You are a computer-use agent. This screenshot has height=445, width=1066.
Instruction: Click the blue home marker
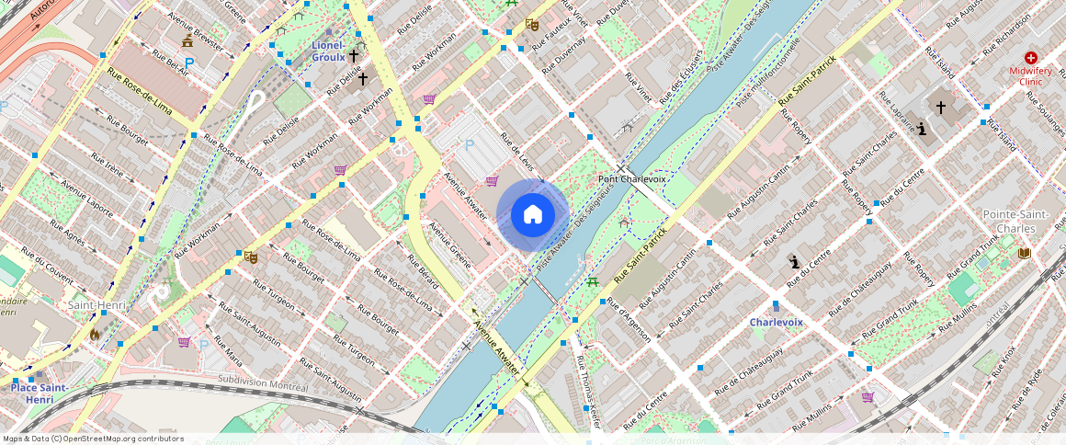pos(532,215)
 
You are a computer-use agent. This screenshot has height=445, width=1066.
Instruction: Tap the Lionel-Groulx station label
pos(328,51)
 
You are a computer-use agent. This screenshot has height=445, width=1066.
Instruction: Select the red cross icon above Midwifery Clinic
pos(1030,57)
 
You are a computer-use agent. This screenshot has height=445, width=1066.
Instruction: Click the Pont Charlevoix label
pos(631,179)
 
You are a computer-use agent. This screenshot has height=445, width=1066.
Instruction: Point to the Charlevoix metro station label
pos(776,322)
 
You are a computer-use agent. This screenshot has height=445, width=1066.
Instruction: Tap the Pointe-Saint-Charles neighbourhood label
pos(1015,221)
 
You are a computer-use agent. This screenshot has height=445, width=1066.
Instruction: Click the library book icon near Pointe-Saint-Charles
pos(1025,253)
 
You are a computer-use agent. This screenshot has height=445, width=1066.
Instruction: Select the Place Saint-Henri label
pos(39,394)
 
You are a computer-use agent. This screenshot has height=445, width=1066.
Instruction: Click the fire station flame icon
pos(94,336)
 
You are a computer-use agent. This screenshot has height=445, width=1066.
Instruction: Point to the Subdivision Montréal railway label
pos(264,382)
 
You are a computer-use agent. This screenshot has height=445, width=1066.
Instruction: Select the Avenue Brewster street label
pos(195,30)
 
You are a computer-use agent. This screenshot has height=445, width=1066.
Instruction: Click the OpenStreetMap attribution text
pos(94,439)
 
